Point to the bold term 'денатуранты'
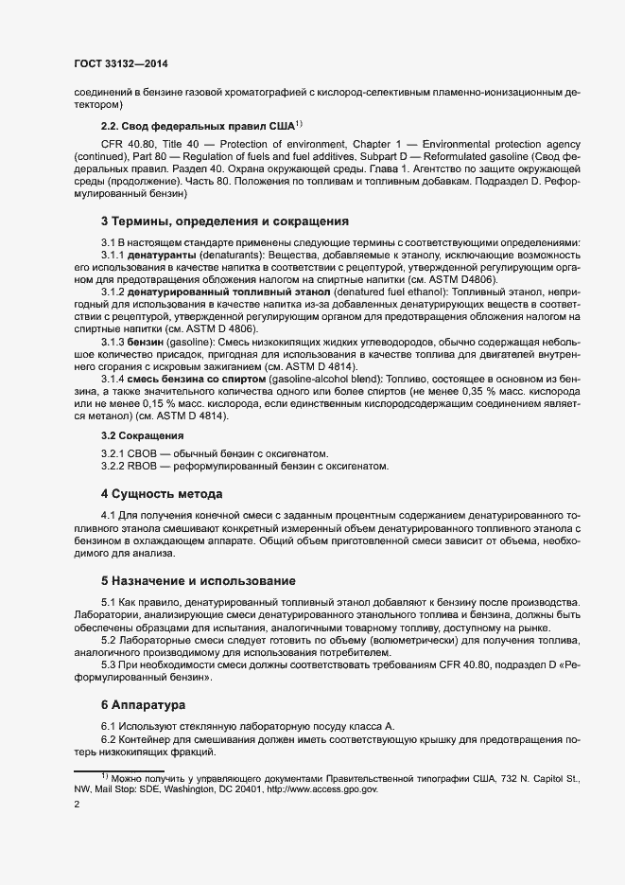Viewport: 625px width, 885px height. click(163, 257)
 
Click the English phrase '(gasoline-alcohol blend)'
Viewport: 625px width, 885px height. click(338, 378)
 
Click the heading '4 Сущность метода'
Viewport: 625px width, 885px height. click(162, 494)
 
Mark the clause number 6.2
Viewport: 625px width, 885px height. click(109, 739)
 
